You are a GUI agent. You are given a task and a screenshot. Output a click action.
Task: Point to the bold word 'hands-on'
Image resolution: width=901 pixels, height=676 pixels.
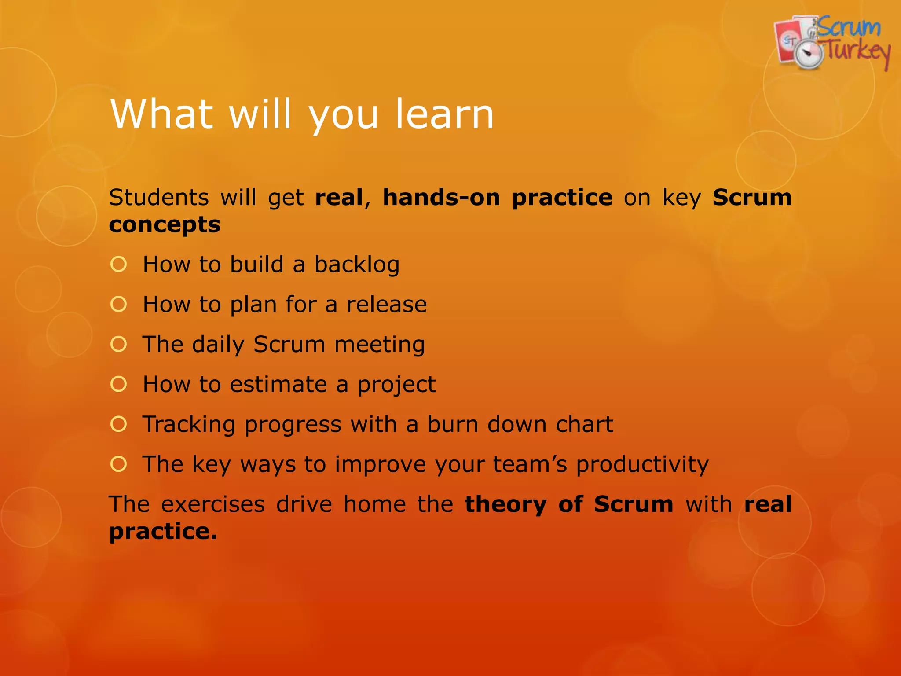point(441,197)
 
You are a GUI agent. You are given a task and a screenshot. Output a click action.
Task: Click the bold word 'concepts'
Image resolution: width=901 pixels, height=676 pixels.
point(165,225)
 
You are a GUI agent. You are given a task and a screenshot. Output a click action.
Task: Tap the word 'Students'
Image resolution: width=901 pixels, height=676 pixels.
point(159,197)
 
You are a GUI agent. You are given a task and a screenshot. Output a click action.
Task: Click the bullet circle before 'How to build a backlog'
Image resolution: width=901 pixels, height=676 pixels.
point(119,264)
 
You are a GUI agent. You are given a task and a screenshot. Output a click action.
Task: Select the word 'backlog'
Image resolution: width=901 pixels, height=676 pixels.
point(357,265)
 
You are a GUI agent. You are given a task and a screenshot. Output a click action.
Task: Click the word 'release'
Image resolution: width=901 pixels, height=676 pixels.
point(386,304)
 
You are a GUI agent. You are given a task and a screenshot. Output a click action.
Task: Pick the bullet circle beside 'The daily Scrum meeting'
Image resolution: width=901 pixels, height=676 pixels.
point(119,344)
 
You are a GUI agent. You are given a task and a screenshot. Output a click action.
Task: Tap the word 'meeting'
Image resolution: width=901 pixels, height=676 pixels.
point(379,345)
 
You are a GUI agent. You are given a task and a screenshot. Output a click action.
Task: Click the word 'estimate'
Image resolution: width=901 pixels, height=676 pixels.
point(278,384)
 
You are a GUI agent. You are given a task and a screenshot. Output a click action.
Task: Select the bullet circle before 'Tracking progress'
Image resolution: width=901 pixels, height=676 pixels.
point(119,424)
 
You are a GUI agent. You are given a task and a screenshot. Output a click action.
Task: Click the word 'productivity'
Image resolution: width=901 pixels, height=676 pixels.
point(642,464)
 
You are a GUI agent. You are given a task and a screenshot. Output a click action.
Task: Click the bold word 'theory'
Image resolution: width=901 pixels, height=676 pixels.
point(506,504)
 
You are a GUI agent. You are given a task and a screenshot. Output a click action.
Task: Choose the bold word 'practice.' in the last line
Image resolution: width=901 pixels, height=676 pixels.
point(163,532)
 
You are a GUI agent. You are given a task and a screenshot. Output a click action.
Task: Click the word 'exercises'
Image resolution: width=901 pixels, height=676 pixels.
point(213,504)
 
